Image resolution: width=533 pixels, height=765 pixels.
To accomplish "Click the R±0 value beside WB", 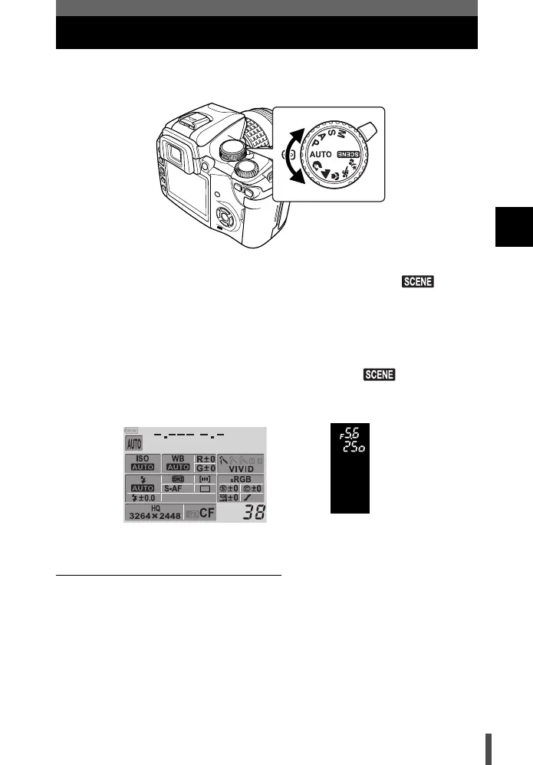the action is pyautogui.click(x=204, y=458).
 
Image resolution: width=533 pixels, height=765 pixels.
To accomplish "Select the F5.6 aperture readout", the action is pyautogui.click(x=349, y=431).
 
